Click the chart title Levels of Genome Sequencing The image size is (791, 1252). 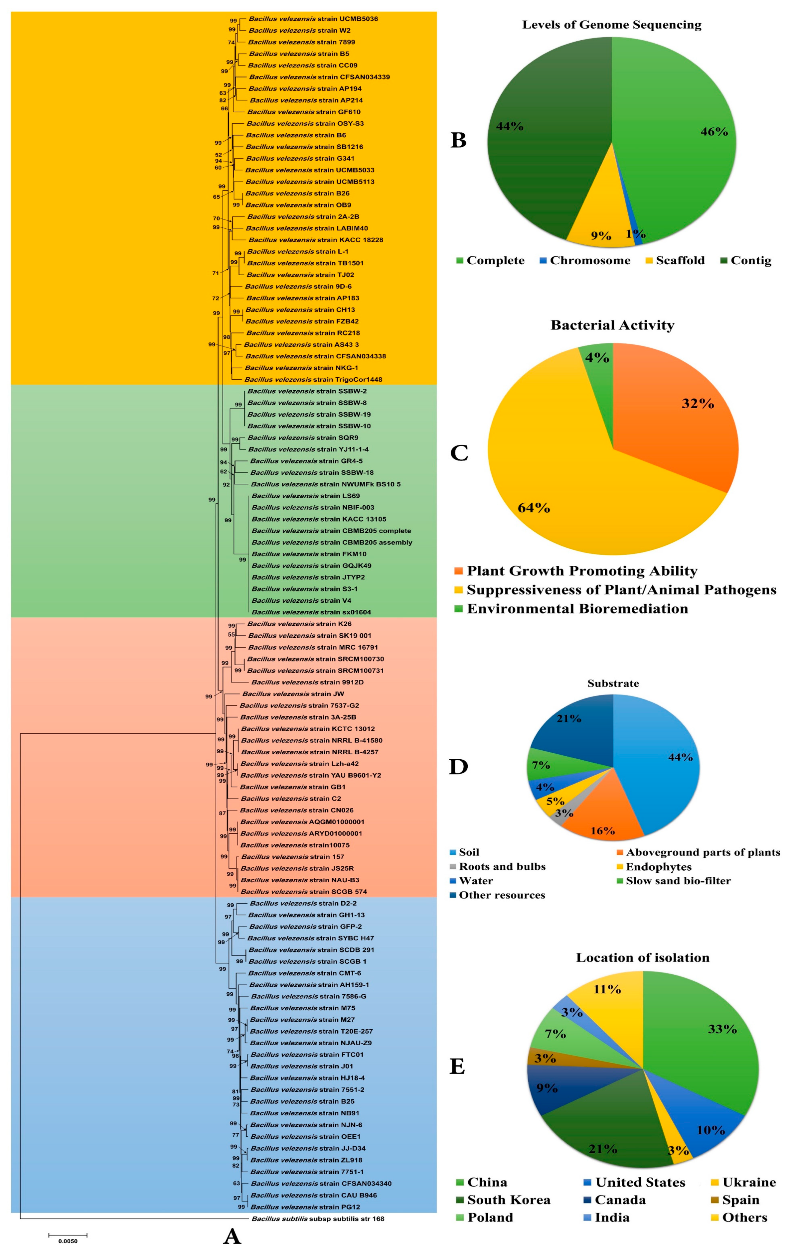[611, 25]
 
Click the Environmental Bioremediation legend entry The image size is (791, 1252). [577, 609]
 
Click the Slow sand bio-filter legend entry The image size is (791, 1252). [678, 881]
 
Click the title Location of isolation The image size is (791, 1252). [642, 958]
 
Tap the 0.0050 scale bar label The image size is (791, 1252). [68, 1241]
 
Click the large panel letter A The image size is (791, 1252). [232, 1236]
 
